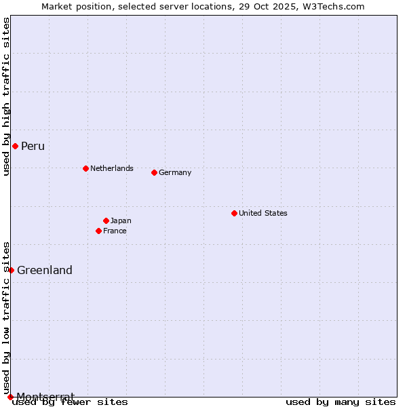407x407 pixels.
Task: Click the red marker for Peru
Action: pos(15,147)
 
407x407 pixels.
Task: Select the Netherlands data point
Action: pos(85,168)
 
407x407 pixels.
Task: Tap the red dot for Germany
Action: pos(154,172)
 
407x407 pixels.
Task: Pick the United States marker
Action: pos(234,213)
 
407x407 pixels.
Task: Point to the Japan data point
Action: pos(106,220)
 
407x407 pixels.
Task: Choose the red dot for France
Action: pos(98,231)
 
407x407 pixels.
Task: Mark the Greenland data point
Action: pos(11,270)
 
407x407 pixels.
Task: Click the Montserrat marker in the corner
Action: pos(10,397)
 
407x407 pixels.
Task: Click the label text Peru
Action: pos(33,147)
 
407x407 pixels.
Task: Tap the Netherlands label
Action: pos(111,168)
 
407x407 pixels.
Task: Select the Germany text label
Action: pos(175,172)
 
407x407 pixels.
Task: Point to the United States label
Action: pos(263,213)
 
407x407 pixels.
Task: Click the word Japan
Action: pos(121,220)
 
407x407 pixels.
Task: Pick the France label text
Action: pos(115,231)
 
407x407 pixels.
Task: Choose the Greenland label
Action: pos(45,270)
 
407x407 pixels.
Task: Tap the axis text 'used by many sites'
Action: pos(341,402)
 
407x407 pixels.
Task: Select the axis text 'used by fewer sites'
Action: pos(71,402)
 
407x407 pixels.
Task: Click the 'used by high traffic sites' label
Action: pos(6,96)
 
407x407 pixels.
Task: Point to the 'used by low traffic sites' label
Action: pos(6,317)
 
